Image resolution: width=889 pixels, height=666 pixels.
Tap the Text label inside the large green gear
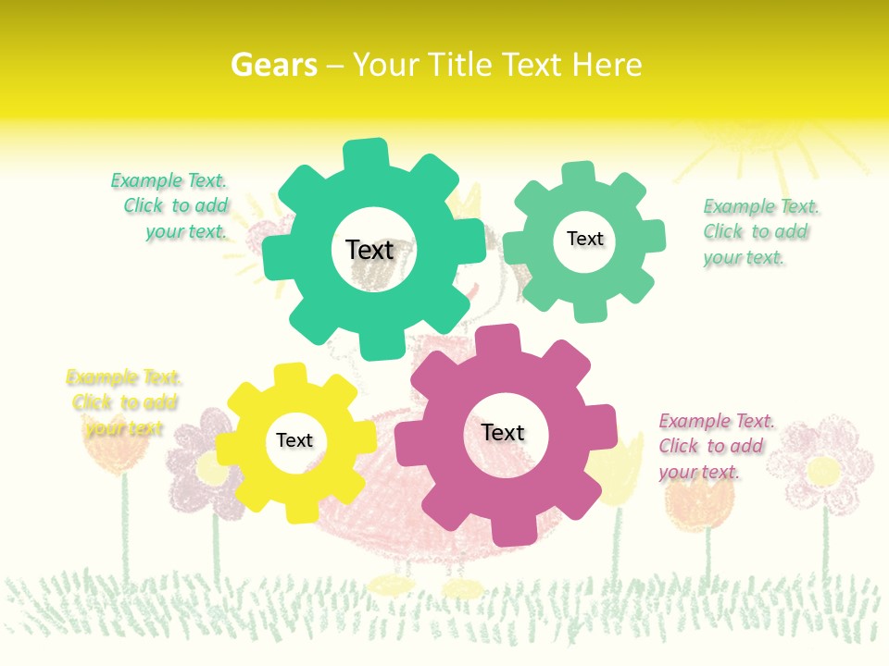tap(369, 250)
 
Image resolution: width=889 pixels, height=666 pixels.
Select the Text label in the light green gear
tap(584, 239)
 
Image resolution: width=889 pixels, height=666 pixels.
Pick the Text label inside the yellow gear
tap(294, 440)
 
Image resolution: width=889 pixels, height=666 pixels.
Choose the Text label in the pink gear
tap(503, 432)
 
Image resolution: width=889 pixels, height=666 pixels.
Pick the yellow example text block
tap(124, 402)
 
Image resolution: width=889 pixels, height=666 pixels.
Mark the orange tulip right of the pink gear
tap(699, 499)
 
